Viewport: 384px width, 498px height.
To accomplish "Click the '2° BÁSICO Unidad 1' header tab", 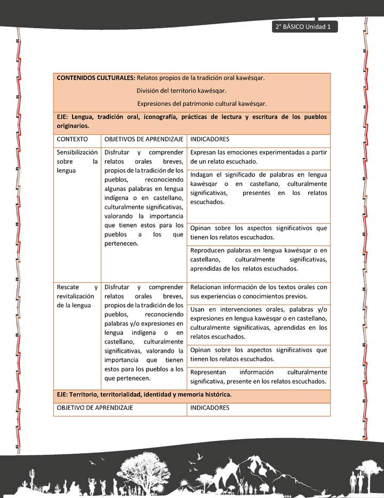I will point(304,27).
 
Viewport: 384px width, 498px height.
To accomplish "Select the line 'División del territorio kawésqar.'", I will point(181,91).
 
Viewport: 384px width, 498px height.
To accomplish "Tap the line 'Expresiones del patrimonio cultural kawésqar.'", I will point(202,104).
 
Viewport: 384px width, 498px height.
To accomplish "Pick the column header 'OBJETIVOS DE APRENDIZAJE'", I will point(144,139).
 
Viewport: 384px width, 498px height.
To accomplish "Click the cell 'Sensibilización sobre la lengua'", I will point(77,161).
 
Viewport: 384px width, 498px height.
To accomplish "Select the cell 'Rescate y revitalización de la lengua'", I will point(77,296).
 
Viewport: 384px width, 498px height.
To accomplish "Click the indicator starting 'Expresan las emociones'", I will point(258,157).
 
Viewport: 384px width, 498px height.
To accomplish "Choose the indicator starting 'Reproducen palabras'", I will point(258,260).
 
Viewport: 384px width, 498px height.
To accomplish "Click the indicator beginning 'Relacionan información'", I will point(258,292).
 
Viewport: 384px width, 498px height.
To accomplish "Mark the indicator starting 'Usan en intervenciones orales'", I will point(258,323).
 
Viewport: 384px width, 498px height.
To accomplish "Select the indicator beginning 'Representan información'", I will point(258,377).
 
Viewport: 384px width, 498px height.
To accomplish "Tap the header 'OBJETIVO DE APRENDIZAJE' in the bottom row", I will point(95,408).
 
